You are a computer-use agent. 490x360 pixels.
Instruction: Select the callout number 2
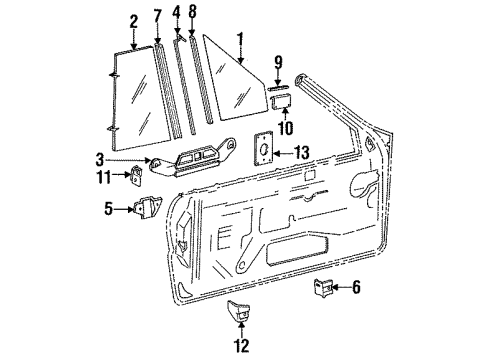point(133,20)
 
